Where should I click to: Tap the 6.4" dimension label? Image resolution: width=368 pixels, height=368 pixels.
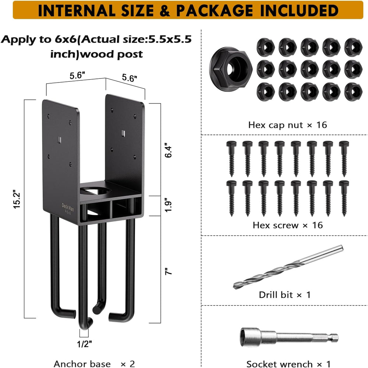[x=168, y=150]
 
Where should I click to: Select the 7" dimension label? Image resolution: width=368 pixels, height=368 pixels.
[x=168, y=271]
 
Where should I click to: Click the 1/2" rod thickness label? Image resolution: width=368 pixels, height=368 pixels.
[x=85, y=344]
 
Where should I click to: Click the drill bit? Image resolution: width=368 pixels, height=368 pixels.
[x=288, y=267]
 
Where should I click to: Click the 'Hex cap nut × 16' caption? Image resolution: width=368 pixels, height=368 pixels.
[x=287, y=125]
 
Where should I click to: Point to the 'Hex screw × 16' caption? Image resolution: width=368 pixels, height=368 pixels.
[x=288, y=225]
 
